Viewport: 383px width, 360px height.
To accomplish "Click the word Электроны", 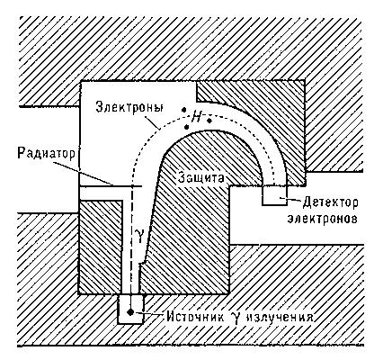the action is pyautogui.click(x=129, y=107).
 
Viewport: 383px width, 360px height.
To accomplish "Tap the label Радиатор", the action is pyautogui.click(x=47, y=153).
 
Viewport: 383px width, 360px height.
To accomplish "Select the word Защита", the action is pyautogui.click(x=200, y=177).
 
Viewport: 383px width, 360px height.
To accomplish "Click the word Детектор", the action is pyautogui.click(x=330, y=202).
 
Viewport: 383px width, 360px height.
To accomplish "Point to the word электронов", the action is pyautogui.click(x=322, y=219).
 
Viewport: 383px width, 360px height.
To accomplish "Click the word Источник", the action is pyautogui.click(x=195, y=317).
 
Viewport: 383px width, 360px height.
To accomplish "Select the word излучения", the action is pyautogui.click(x=280, y=317).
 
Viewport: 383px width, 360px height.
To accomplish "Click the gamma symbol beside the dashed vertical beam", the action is pyautogui.click(x=139, y=233).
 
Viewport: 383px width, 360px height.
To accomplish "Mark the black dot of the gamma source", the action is pyautogui.click(x=130, y=312).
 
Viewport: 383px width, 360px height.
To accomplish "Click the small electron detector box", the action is pyautogui.click(x=274, y=195).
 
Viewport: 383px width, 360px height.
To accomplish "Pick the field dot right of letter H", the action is pyautogui.click(x=209, y=121).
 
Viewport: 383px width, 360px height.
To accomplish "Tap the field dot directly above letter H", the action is pyautogui.click(x=185, y=110).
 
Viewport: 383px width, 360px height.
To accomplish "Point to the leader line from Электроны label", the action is pyautogui.click(x=153, y=122).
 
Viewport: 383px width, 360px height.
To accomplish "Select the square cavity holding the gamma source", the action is pyautogui.click(x=130, y=309).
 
